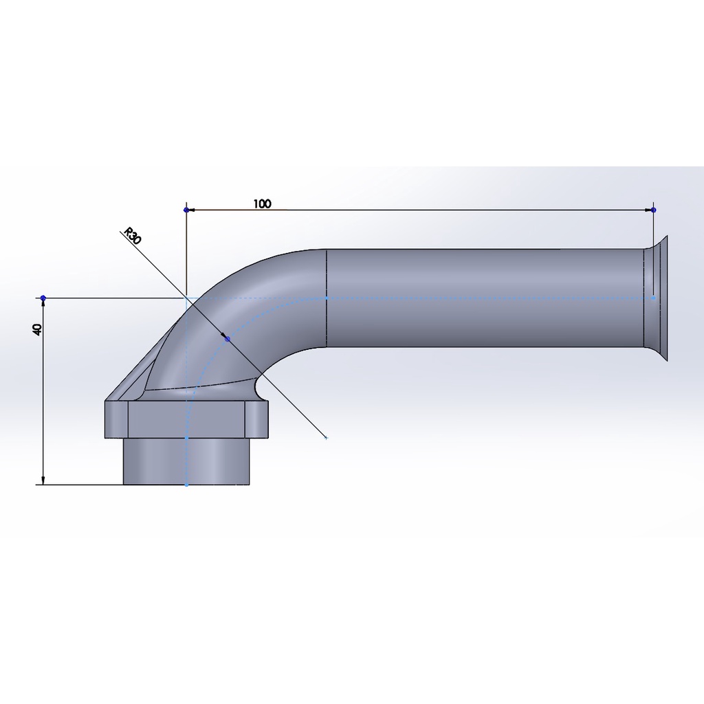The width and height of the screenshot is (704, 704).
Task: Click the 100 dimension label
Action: pyautogui.click(x=262, y=203)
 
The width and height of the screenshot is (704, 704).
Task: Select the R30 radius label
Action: pyautogui.click(x=133, y=236)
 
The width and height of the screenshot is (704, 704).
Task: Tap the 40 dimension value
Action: pyautogui.click(x=38, y=329)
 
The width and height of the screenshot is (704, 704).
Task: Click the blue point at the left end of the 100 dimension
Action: pyautogui.click(x=186, y=210)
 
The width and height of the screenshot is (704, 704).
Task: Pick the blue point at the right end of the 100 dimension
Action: pyautogui.click(x=653, y=210)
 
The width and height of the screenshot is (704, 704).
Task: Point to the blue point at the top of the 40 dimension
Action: pyautogui.click(x=43, y=298)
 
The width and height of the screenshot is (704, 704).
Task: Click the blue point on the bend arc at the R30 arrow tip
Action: pyautogui.click(x=227, y=338)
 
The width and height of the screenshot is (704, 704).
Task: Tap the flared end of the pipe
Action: pyautogui.click(x=656, y=298)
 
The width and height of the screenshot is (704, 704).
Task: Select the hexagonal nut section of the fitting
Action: pyautogui.click(x=187, y=419)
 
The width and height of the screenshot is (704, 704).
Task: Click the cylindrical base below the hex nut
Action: pyautogui.click(x=186, y=461)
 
